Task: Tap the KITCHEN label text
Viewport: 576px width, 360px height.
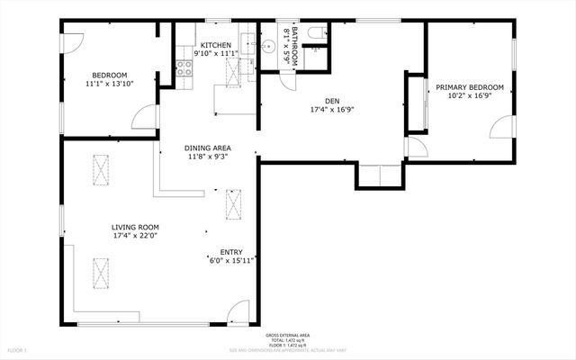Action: click(x=216, y=45)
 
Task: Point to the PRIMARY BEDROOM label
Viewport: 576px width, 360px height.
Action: click(x=470, y=87)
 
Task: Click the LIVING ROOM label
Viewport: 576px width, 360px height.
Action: click(x=135, y=227)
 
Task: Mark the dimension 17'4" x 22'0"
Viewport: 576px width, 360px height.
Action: click(x=135, y=236)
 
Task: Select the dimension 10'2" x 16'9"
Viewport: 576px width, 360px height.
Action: click(x=470, y=96)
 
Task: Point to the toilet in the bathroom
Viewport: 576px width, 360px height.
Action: click(x=314, y=33)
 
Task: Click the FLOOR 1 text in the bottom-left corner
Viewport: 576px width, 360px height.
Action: click(x=18, y=349)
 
